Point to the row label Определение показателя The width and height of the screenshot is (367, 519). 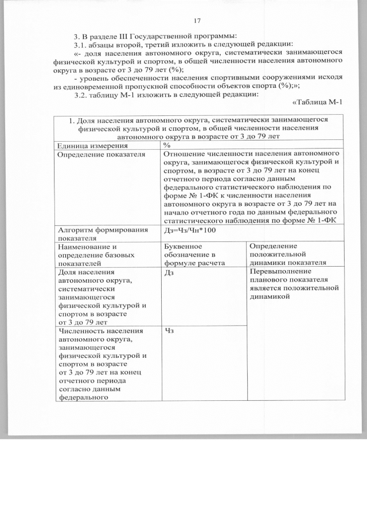coord(98,154)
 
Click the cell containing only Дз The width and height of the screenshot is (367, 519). coord(169,272)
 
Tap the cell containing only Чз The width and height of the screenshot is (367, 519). coord(169,331)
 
